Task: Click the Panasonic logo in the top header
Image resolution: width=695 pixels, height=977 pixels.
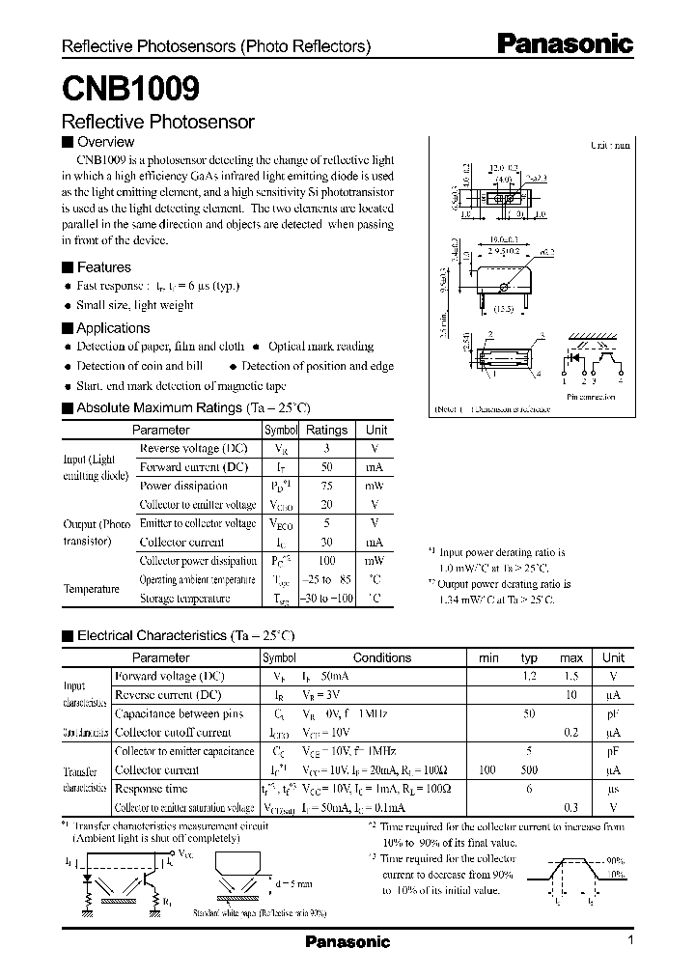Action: click(565, 43)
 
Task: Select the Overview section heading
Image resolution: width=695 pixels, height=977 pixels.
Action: click(104, 142)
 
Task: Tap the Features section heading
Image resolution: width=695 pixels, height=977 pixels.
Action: click(103, 267)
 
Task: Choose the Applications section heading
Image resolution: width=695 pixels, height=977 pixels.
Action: click(113, 328)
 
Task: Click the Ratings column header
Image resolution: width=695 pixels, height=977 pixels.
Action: click(327, 430)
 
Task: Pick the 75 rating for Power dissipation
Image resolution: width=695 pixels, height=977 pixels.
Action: click(327, 486)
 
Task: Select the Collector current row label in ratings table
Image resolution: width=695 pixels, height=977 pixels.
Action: click(181, 542)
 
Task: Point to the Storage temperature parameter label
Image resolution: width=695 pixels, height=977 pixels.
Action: click(184, 599)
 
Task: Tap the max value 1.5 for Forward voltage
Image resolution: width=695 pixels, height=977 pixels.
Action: click(571, 677)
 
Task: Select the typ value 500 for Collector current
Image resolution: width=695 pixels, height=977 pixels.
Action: click(529, 770)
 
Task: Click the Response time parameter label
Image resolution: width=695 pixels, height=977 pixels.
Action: click(153, 789)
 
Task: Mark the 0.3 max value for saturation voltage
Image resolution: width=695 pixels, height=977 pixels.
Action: click(571, 807)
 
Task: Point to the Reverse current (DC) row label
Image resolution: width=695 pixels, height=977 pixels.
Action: click(167, 695)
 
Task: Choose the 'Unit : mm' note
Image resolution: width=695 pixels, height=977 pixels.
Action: click(610, 145)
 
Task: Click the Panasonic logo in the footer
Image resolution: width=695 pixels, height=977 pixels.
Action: click(347, 941)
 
